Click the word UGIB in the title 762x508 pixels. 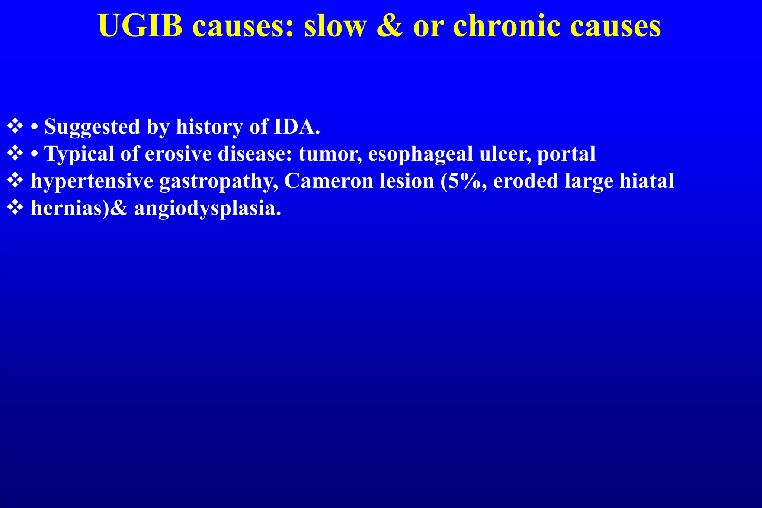(140, 26)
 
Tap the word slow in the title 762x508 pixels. (335, 26)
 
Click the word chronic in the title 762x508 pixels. (506, 26)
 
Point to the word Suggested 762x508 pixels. (92, 127)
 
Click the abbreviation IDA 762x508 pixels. (297, 126)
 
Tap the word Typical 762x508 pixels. (79, 154)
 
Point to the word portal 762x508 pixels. (566, 154)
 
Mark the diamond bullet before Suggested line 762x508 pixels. (15, 126)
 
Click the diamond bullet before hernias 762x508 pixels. (15, 208)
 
